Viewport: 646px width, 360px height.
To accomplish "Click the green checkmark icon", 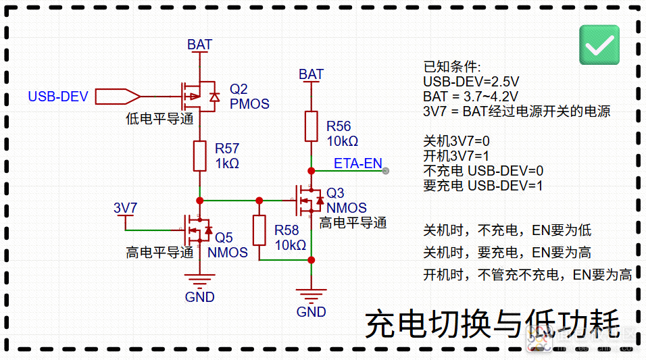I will coord(599,45).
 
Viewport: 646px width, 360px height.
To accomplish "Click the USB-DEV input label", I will coord(58,97).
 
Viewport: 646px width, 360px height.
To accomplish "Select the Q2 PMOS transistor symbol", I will coord(199,97).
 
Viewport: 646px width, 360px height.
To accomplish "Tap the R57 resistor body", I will coord(200,156).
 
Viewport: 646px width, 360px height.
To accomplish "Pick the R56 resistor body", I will coord(311,126).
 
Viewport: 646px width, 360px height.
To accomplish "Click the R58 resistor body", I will coord(259,230).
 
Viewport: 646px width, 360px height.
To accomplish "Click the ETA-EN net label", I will coord(357,163).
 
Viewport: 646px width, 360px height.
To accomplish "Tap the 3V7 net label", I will coord(125,208).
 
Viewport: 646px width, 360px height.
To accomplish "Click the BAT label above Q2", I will coord(199,45).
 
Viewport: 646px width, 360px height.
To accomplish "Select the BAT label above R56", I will coord(311,74).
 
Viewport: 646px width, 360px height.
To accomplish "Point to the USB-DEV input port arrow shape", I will coord(118,97).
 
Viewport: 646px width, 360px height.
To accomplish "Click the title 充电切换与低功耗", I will coord(493,325).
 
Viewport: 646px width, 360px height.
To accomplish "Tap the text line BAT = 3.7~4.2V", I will coord(470,97).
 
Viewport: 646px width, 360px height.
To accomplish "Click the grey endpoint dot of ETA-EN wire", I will coord(386,171).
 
